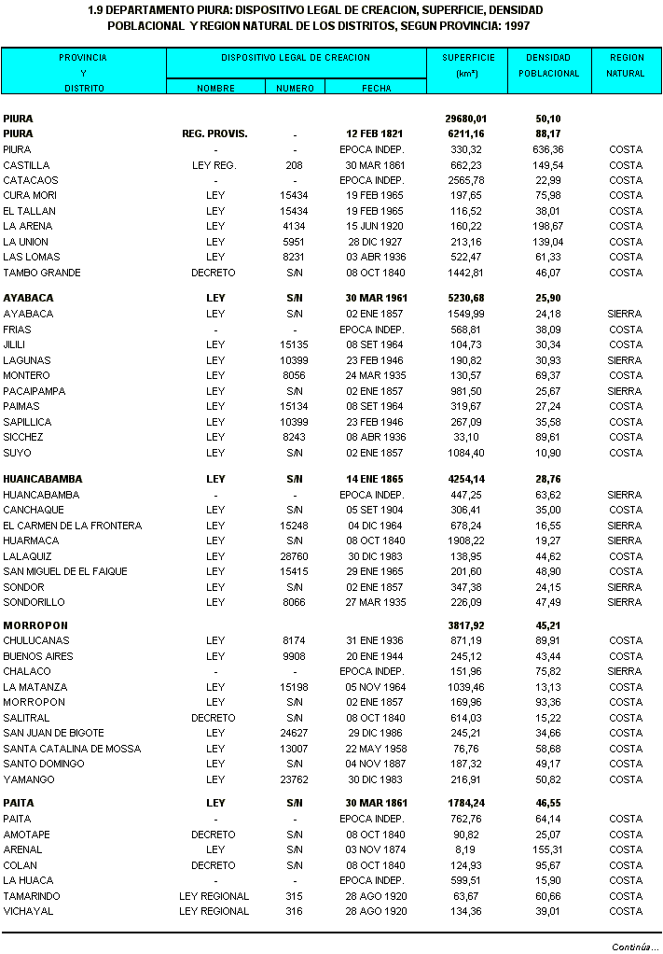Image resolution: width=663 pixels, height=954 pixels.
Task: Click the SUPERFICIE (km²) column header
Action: click(466, 65)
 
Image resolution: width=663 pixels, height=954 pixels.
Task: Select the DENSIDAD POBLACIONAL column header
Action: click(548, 65)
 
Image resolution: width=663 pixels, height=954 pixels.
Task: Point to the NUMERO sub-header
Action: click(295, 88)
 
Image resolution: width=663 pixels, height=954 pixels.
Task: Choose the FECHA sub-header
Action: click(376, 88)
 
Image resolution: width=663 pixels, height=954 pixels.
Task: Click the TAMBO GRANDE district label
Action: click(42, 273)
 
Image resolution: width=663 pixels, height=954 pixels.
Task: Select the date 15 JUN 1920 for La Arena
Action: click(372, 226)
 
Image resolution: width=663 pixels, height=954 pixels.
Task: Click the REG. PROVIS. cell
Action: click(214, 133)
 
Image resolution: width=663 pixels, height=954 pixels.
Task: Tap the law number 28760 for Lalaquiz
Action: click(295, 555)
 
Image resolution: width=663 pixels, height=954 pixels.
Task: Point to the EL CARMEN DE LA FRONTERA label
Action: click(73, 526)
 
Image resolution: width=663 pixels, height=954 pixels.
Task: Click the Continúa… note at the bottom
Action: click(635, 946)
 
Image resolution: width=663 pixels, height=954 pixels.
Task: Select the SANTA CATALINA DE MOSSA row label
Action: click(72, 749)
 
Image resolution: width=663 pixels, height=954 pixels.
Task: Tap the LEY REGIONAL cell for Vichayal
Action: click(214, 911)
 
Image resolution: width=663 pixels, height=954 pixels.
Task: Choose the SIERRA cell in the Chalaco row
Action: click(625, 671)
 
